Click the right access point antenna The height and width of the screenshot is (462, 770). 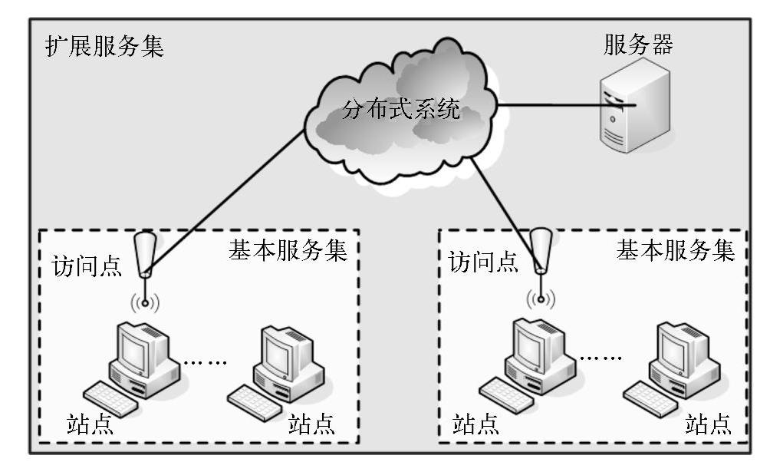[541, 249]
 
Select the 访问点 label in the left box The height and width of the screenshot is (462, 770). [86, 266]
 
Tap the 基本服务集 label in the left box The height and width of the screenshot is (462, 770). [288, 251]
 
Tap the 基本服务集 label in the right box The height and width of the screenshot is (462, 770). [676, 251]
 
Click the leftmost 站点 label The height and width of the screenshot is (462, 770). [90, 424]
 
